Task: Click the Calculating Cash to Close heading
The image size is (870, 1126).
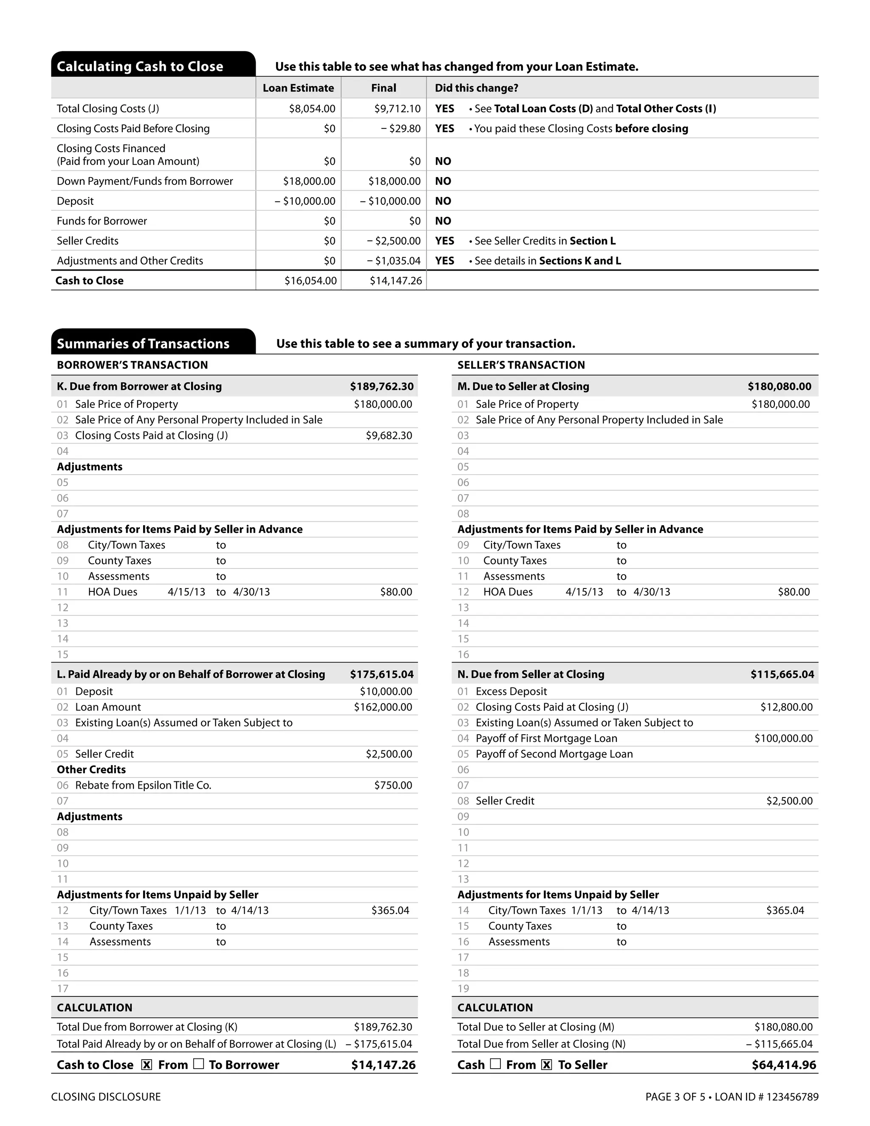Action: pyautogui.click(x=140, y=67)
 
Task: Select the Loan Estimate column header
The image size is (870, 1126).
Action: pyautogui.click(x=298, y=88)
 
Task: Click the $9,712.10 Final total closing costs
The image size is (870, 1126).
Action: pyautogui.click(x=397, y=109)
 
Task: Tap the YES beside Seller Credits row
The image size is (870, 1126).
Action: pyautogui.click(x=444, y=241)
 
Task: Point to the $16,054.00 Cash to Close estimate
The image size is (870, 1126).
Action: pyautogui.click(x=310, y=280)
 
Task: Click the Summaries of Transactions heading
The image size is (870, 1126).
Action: pyautogui.click(x=143, y=343)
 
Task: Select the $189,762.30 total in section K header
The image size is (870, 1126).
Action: pyautogui.click(x=381, y=386)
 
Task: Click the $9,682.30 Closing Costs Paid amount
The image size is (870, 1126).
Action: pyautogui.click(x=389, y=435)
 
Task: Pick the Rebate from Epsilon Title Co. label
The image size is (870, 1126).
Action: pyautogui.click(x=143, y=785)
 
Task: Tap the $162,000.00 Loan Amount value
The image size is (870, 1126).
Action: pyautogui.click(x=382, y=707)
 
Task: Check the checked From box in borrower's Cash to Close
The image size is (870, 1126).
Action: pyautogui.click(x=147, y=1065)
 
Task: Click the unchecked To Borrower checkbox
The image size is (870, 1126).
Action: pyautogui.click(x=198, y=1064)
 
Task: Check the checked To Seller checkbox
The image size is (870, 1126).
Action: pyautogui.click(x=547, y=1065)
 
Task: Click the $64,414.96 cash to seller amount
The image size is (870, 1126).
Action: pyautogui.click(x=783, y=1065)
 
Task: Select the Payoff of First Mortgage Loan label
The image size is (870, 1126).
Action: pyautogui.click(x=546, y=738)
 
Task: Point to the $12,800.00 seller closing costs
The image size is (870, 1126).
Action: pyautogui.click(x=786, y=707)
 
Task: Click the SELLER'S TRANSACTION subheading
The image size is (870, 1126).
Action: pyautogui.click(x=521, y=365)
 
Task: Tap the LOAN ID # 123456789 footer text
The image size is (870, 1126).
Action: pyautogui.click(x=766, y=1097)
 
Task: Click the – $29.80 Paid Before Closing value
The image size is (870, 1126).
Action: pyautogui.click(x=401, y=129)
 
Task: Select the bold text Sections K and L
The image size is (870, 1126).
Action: pyautogui.click(x=580, y=261)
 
